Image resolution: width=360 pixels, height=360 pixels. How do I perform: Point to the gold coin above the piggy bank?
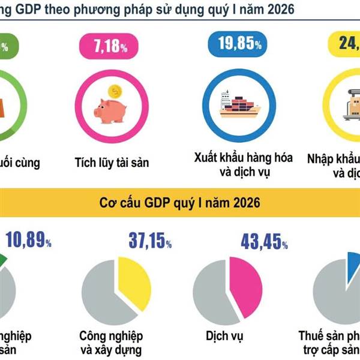114,91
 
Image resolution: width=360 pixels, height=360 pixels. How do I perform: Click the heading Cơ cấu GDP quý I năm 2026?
179,203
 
